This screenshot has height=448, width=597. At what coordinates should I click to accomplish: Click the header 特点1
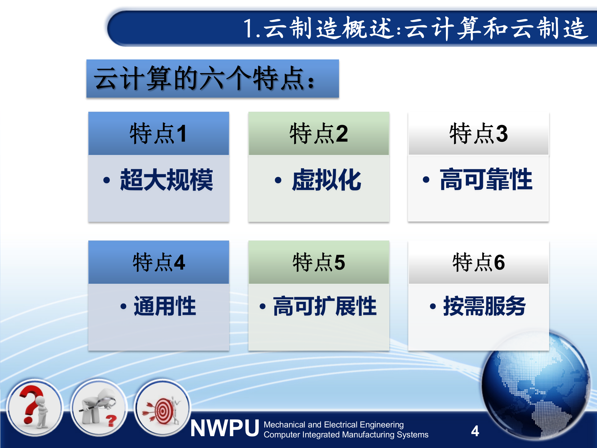(159, 133)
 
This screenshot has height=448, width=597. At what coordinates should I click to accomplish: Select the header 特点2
(319, 133)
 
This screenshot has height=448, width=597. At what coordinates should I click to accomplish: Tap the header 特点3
(479, 133)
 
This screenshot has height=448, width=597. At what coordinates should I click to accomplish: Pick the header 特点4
(159, 262)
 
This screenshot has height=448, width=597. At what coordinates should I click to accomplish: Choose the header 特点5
(319, 262)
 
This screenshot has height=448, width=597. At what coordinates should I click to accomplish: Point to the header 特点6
(479, 262)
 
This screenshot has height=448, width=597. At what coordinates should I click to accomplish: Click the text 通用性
(165, 306)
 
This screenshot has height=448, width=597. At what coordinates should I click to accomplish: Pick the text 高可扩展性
(325, 306)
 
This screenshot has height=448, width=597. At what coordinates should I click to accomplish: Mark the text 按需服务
(484, 306)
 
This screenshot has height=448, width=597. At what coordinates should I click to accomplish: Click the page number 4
(475, 431)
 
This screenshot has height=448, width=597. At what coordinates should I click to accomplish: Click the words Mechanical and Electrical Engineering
(333, 425)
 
